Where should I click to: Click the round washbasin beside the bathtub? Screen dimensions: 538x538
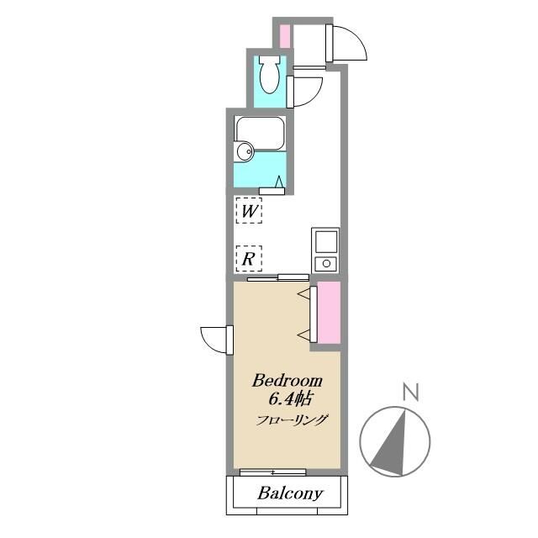point(245,151)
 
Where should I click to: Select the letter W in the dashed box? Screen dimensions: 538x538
point(249,210)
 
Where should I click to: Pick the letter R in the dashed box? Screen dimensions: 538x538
point(249,258)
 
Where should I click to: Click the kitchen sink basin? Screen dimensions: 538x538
point(324,264)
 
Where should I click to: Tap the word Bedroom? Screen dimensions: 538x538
point(288,380)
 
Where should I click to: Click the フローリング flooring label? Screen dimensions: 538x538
point(292,420)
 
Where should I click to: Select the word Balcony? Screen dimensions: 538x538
point(290,493)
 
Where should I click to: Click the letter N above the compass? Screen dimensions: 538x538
point(411,391)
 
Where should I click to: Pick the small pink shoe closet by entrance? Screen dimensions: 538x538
point(284,36)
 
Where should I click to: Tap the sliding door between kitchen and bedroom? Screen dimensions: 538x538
point(278,277)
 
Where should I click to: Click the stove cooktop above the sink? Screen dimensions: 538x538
point(324,241)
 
